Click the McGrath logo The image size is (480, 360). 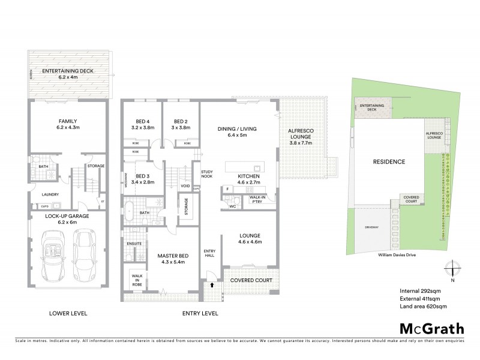point(431,328)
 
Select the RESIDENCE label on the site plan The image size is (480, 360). point(389,162)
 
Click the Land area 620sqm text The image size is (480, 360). point(423,307)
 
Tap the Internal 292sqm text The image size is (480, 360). point(420,291)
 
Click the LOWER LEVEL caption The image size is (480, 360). point(67,313)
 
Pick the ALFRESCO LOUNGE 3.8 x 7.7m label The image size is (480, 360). point(302,137)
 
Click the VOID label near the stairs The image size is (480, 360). point(185,186)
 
